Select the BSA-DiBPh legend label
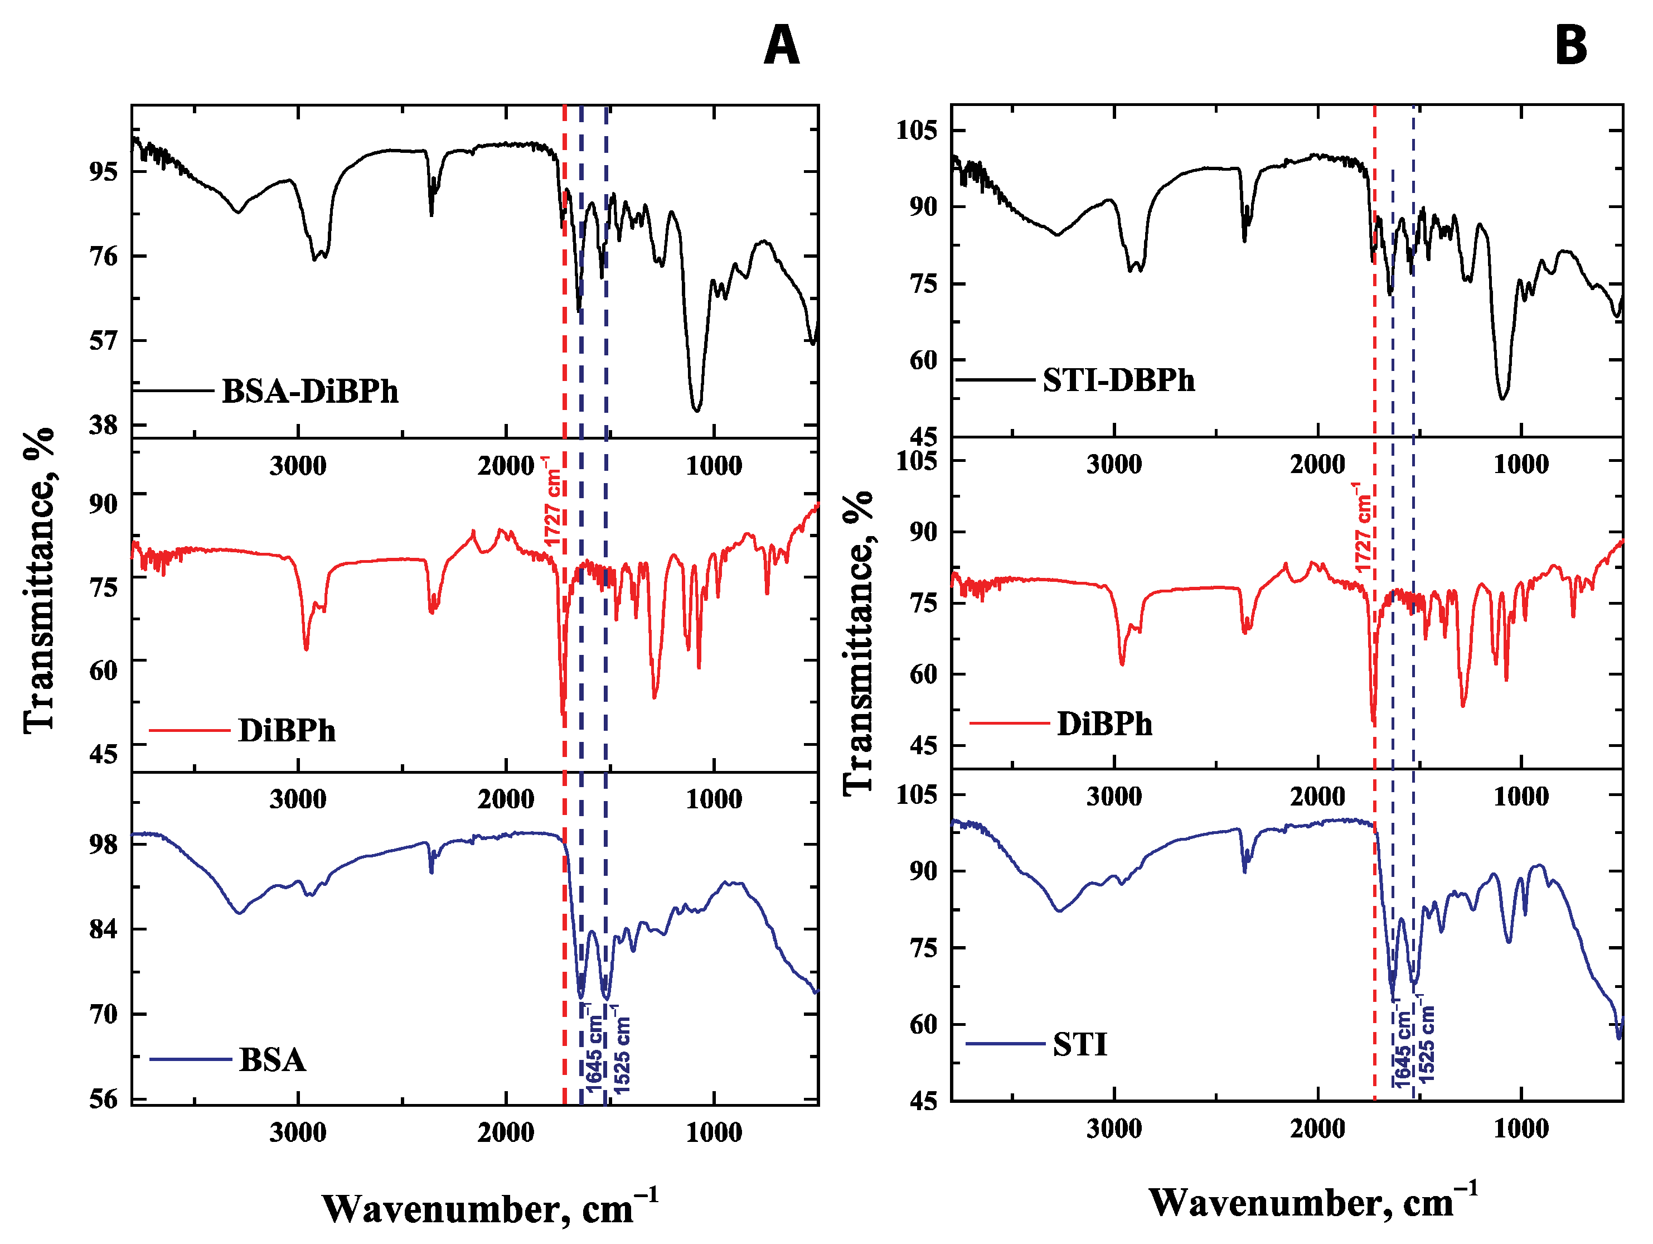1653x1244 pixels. [x=309, y=392]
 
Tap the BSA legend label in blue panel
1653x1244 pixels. [x=272, y=1060]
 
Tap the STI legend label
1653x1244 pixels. [x=1079, y=1044]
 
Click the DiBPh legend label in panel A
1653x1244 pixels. [x=287, y=730]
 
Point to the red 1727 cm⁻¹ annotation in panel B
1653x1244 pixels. [x=1363, y=527]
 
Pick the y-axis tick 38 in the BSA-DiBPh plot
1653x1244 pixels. [x=103, y=426]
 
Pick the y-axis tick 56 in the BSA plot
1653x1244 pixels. [x=103, y=1100]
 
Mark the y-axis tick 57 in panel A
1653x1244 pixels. [x=103, y=341]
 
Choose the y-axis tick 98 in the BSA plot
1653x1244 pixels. [x=103, y=844]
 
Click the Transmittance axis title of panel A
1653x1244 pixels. [x=39, y=580]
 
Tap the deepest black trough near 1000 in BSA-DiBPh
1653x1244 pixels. [x=696, y=409]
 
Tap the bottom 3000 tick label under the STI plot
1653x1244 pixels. [x=1113, y=1129]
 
